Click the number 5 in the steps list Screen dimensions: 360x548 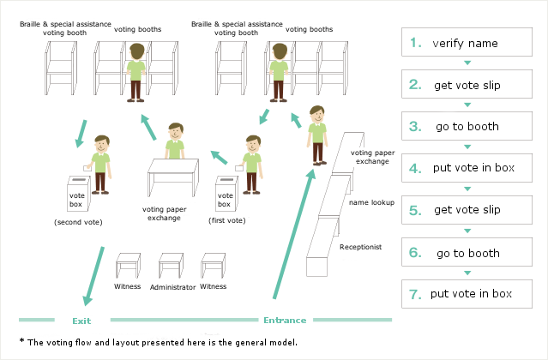coord(415,210)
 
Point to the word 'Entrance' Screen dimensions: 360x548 coord(284,321)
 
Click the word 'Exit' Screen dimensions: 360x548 coord(81,321)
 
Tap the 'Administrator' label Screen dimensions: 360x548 coord(172,287)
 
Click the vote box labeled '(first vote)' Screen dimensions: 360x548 coord(225,194)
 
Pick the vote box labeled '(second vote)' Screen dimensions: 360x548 coord(78,196)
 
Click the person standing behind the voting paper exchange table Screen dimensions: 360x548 coord(176,141)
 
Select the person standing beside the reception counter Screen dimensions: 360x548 coord(318,134)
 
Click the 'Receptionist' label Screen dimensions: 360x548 coord(361,247)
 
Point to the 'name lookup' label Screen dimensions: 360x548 coord(370,203)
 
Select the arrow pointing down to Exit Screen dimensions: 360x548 coord(93,274)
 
